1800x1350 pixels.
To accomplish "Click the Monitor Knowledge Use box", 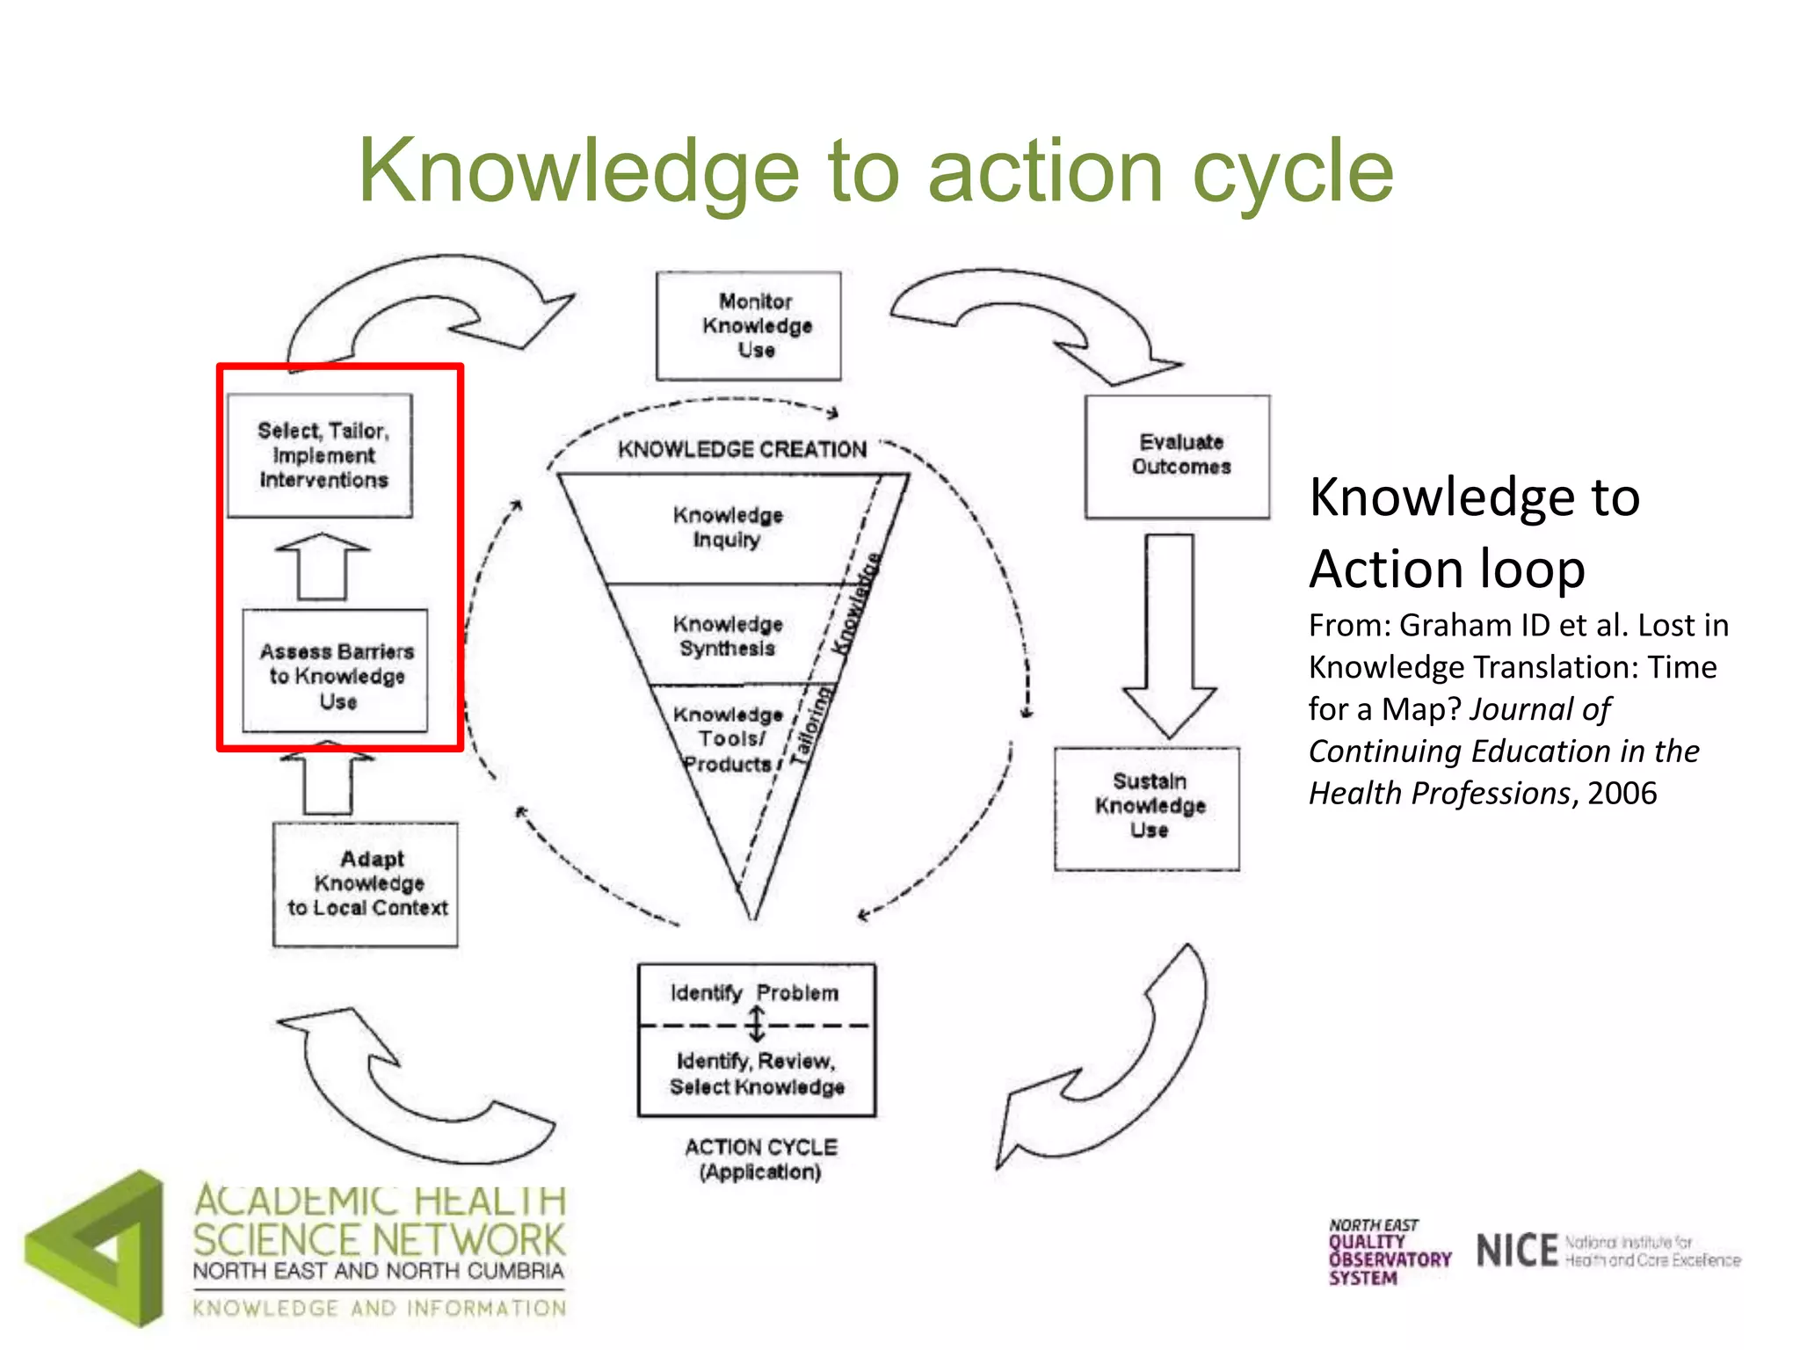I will (748, 326).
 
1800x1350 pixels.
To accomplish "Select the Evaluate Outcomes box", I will (1177, 456).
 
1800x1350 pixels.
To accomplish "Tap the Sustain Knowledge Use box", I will (1147, 808).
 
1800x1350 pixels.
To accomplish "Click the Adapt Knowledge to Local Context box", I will (366, 884).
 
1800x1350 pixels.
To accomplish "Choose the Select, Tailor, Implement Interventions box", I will (321, 455).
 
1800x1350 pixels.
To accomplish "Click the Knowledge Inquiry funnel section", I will (727, 527).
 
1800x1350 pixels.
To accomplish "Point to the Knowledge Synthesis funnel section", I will (727, 635).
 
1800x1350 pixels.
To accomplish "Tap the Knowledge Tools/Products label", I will (727, 739).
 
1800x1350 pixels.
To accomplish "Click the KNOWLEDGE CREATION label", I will (742, 450).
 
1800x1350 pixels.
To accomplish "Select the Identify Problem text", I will (754, 993).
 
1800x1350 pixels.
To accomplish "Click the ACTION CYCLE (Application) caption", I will (761, 1159).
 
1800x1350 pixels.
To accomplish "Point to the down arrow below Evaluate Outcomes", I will (1169, 633).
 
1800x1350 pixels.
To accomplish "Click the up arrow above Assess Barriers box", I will (323, 566).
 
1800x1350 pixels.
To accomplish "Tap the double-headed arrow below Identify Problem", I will (756, 1025).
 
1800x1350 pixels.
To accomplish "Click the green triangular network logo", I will (97, 1249).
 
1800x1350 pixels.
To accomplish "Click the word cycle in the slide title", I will (1292, 171).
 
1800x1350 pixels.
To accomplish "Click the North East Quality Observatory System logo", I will (1388, 1252).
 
